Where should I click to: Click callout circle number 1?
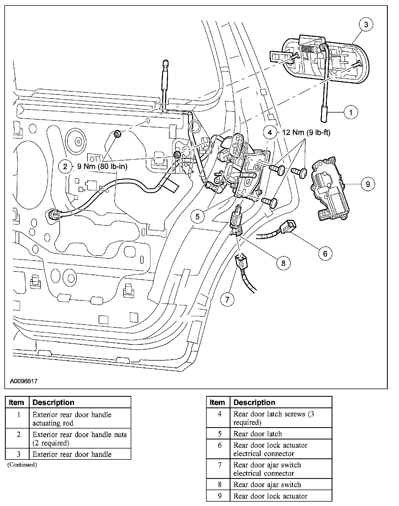351,112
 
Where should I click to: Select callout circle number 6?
325,254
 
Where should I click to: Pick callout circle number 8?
283,263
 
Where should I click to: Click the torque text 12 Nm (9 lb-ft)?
306,133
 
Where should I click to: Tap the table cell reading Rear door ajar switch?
267,485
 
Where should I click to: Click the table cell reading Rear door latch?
258,434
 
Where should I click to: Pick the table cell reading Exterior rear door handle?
72,454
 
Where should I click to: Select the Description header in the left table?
53,403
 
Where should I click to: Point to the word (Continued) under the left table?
22,465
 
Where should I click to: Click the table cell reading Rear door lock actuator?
270,496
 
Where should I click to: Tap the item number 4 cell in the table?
220,414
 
